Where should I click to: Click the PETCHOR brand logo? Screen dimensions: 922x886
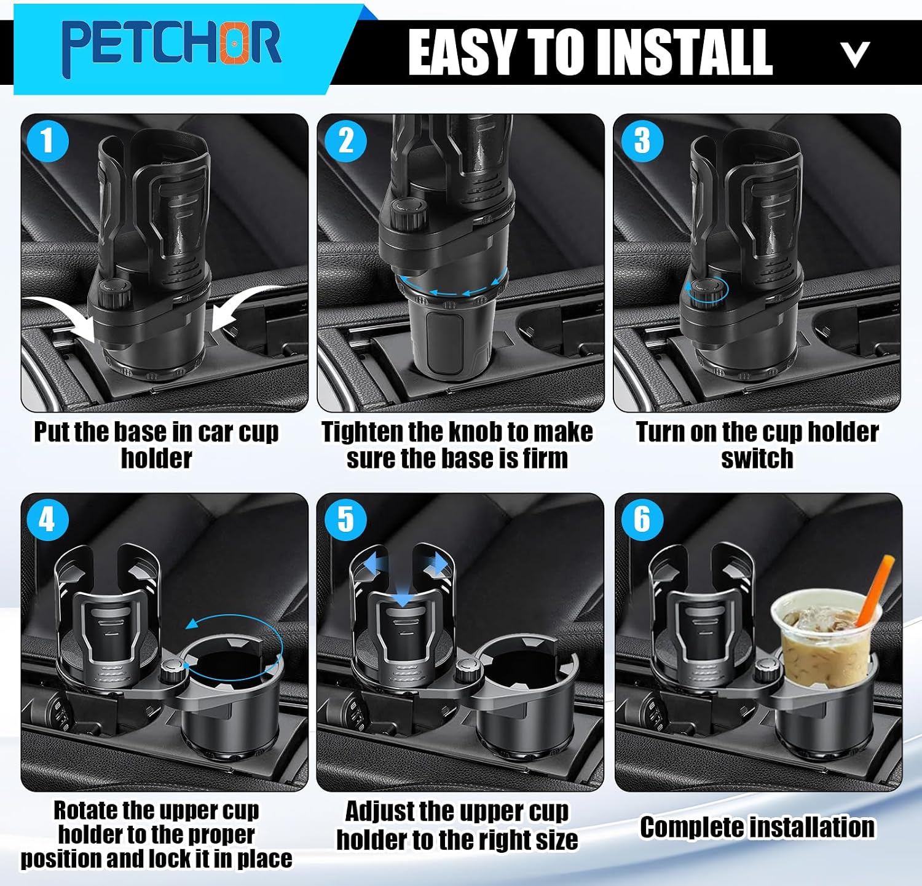coord(171,44)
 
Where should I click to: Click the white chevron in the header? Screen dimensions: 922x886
coord(855,55)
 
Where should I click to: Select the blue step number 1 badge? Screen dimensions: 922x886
coord(47,141)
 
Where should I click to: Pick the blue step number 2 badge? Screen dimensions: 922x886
coord(346,141)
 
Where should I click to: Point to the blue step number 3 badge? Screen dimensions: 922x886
coord(642,141)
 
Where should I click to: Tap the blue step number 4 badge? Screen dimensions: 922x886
coord(47,520)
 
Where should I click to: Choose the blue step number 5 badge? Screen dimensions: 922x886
coord(346,520)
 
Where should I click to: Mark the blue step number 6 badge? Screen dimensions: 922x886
coord(642,520)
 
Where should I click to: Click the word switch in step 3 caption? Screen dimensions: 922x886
coord(757,459)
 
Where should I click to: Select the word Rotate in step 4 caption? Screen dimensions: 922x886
coord(85,810)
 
